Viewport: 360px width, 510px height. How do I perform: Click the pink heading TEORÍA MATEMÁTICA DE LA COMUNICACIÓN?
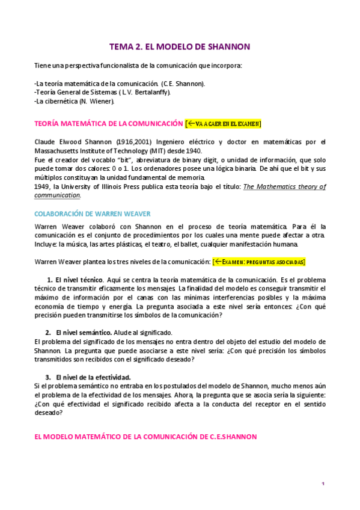click(x=109, y=124)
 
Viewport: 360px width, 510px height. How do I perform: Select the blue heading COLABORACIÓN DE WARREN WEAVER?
click(x=92, y=214)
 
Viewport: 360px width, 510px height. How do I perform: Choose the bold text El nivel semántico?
click(x=83, y=333)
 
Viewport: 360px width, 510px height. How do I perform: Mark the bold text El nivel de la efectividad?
click(x=93, y=377)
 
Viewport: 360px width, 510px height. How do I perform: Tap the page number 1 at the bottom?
click(x=323, y=484)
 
